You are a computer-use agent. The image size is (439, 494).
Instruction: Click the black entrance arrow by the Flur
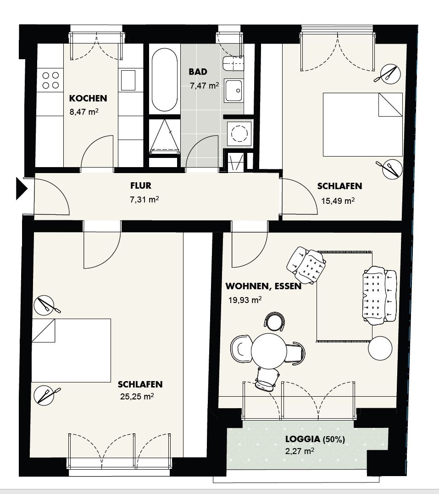click(x=22, y=189)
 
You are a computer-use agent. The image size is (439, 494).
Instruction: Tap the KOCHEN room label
click(x=88, y=98)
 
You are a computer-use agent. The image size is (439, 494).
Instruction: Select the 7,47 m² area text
click(x=204, y=85)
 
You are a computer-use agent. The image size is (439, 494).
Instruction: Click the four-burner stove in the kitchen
click(x=50, y=80)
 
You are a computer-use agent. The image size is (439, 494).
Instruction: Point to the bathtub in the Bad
click(x=164, y=80)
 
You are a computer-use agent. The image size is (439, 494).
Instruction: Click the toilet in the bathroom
click(x=233, y=64)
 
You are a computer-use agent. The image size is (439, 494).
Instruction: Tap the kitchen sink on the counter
click(x=128, y=81)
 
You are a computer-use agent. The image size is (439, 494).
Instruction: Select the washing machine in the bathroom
click(x=240, y=134)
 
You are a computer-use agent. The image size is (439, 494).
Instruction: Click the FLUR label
click(x=141, y=185)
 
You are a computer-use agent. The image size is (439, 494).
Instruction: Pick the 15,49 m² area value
click(x=338, y=201)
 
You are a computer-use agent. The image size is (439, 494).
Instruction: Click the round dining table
click(x=268, y=351)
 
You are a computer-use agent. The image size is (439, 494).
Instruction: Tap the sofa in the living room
click(x=379, y=295)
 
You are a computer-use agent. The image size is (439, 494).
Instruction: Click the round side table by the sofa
click(x=380, y=348)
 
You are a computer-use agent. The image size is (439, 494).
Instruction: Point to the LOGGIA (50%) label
click(x=315, y=439)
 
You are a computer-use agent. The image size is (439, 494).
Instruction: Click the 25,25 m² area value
click(x=137, y=396)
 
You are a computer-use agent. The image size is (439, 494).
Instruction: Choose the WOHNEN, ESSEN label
click(x=263, y=286)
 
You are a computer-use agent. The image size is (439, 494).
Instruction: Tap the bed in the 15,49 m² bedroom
click(x=363, y=124)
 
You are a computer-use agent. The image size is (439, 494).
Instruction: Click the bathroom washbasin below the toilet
click(x=234, y=91)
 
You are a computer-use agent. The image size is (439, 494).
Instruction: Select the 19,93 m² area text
click(x=245, y=300)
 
